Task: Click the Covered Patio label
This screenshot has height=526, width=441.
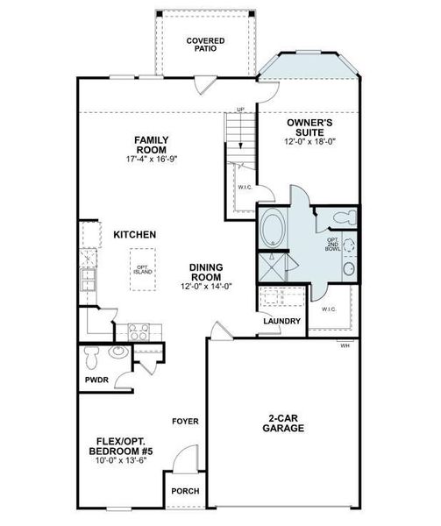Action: click(x=205, y=45)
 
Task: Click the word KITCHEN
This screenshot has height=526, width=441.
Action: click(x=134, y=235)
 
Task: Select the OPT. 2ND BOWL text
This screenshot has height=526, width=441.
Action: click(x=332, y=245)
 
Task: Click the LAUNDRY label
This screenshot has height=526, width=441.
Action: click(x=282, y=321)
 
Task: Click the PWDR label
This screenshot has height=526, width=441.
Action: click(x=96, y=380)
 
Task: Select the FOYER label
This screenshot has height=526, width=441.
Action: click(x=185, y=422)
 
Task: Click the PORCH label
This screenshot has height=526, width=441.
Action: click(x=184, y=491)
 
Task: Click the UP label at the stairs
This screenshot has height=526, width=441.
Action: click(x=239, y=110)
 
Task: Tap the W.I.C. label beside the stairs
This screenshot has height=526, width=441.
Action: click(x=244, y=187)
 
